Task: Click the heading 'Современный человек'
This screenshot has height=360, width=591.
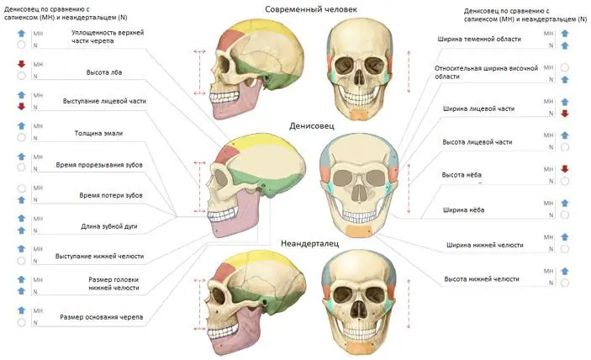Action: pyautogui.click(x=310, y=9)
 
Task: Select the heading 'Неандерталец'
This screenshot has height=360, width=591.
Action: pyautogui.click(x=310, y=243)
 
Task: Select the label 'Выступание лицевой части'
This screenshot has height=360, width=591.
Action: pyautogui.click(x=104, y=101)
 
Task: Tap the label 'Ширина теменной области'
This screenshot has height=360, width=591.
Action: pyautogui.click(x=479, y=39)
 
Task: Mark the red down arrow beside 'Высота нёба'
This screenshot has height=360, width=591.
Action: pyautogui.click(x=565, y=169)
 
